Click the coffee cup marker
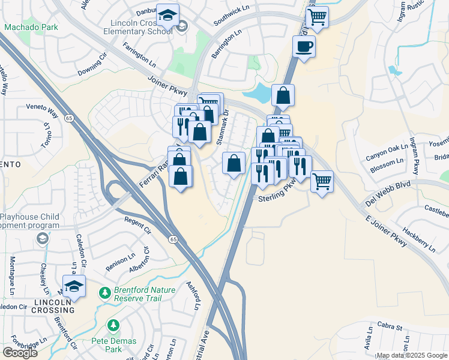coord(304,46)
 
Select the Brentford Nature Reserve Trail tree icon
coord(105,293)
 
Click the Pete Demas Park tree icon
coord(113,325)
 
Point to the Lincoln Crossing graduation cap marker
coord(74,287)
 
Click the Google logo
coord(20,352)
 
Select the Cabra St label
coord(390,327)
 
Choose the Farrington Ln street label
coord(139,53)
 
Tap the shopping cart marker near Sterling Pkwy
coord(322,181)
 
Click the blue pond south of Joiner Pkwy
coord(259,93)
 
